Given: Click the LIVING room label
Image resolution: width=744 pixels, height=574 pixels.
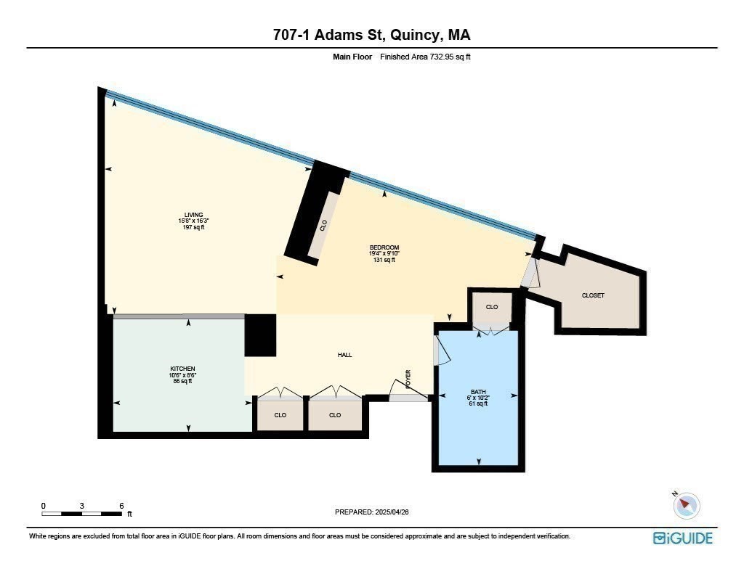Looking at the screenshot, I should [x=193, y=214].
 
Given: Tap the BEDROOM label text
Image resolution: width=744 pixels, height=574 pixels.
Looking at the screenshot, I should [x=384, y=247].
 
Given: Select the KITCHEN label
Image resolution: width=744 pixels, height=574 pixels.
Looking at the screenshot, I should [x=182, y=369].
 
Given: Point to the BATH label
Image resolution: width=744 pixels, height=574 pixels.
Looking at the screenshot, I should [x=478, y=392].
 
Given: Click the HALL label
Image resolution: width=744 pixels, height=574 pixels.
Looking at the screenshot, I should [x=344, y=355].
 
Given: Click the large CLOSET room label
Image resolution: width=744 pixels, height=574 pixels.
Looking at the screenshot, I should [x=593, y=295].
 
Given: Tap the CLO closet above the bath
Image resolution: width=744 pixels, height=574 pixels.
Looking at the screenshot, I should [x=492, y=307].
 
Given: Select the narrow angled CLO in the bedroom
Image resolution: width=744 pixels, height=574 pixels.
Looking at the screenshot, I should [x=323, y=226].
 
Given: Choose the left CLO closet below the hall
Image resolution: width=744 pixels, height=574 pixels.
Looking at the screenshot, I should [x=280, y=415].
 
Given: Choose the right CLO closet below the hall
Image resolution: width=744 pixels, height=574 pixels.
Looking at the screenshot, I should [x=334, y=415].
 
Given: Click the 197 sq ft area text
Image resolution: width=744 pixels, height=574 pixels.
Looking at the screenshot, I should [x=193, y=227].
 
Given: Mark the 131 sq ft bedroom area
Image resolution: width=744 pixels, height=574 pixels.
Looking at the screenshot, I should [x=384, y=260].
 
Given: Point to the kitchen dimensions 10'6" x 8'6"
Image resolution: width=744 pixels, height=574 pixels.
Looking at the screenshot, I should [x=182, y=375].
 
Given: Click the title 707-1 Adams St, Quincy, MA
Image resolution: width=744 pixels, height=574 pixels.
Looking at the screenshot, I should [x=371, y=35].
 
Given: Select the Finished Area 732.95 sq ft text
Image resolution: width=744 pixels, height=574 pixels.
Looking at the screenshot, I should [x=425, y=57].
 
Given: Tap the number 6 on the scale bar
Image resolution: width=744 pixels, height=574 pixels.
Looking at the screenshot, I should [x=121, y=506].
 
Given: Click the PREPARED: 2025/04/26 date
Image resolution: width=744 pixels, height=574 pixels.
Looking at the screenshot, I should [x=377, y=512].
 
